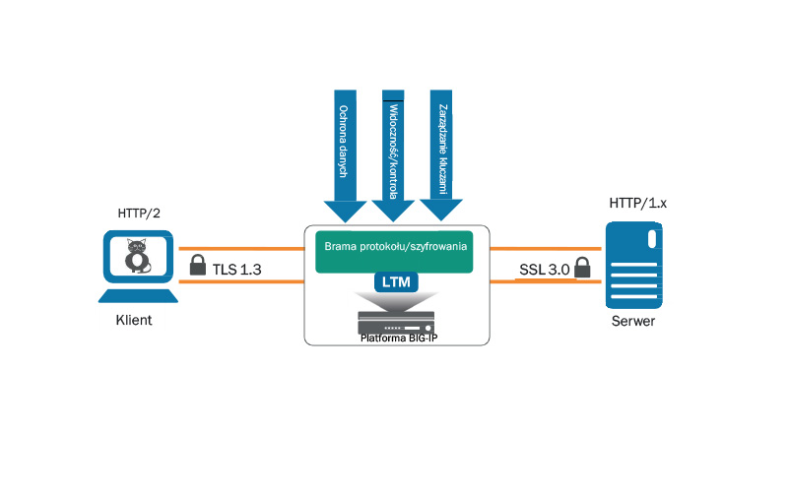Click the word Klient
pos(135,322)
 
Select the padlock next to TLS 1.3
pos(196,266)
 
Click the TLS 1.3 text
pos(236,268)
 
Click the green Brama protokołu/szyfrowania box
pos(396,252)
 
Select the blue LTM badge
pos(396,283)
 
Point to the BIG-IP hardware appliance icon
pos(396,320)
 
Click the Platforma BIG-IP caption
pos(396,338)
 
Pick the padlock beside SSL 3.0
pos(582,267)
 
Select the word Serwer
pos(632,322)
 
